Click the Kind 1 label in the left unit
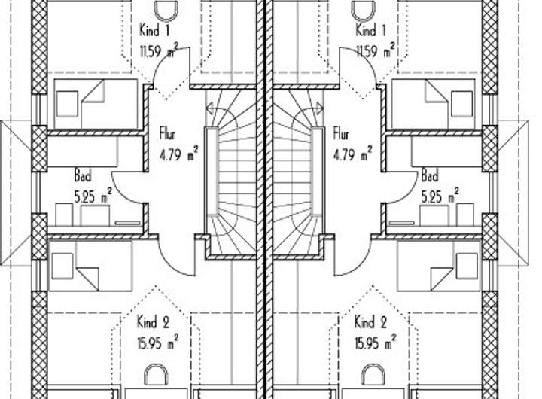pos(154,30)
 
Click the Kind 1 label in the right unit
pos(370,30)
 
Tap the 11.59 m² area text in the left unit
pos(159,51)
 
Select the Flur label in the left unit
pos(167,134)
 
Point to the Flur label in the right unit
pos(341,134)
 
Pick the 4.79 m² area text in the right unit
pos(352,154)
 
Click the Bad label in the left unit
pos(83,175)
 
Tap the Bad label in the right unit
pos(430,175)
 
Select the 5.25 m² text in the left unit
pos(93,196)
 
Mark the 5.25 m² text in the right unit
pos(440,196)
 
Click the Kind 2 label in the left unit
pos(154,322)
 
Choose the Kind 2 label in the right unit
pos(370,322)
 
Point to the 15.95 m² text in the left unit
pos(158,343)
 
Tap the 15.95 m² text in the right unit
pos(376,343)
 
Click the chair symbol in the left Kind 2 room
pos(156,375)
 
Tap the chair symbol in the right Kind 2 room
pos(373,375)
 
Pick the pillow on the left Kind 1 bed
pos(67,104)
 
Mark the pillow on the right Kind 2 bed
pos(467,266)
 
